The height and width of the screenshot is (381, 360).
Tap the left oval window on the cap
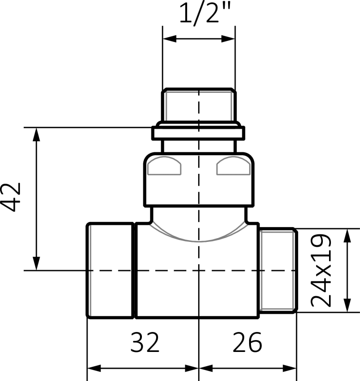coord(165,168)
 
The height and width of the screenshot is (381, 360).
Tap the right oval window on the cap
coord(233,168)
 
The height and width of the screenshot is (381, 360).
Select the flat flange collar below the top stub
coord(199,132)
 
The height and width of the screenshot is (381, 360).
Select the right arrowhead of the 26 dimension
coord(290,367)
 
